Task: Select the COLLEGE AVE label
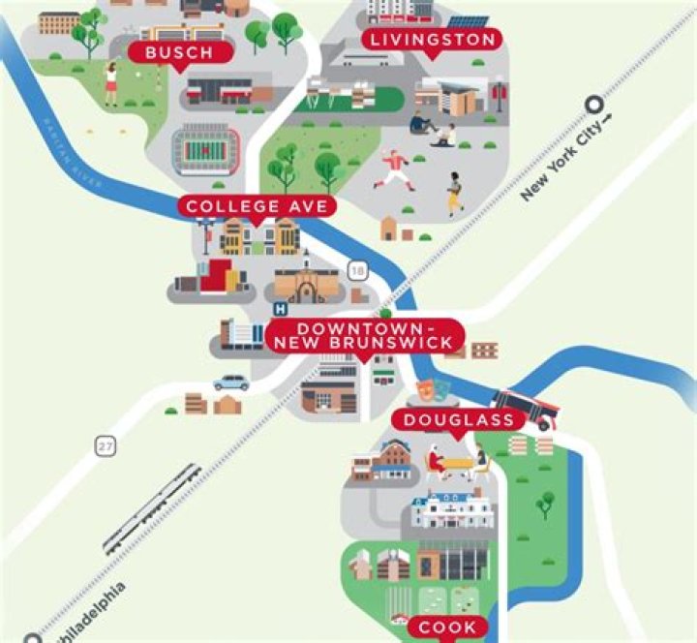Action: pos(258,206)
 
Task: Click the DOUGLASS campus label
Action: pos(458,419)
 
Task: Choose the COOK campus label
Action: pos(447,628)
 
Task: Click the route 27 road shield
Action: pos(105,446)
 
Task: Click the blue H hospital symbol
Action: pos(281,309)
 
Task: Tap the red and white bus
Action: pos(525,409)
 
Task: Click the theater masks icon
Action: pos(432,392)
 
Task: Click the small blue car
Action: pos(231,383)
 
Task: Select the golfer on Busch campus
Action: pos(111,82)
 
